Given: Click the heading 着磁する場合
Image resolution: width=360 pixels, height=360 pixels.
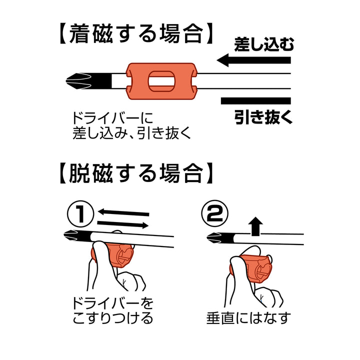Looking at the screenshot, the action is (x=136, y=34).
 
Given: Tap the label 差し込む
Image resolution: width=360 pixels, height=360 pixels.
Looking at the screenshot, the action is (x=264, y=44).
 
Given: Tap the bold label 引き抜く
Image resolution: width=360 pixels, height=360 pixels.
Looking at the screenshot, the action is (x=263, y=117).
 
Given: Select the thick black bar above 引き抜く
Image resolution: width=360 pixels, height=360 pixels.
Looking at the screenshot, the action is (x=256, y=101).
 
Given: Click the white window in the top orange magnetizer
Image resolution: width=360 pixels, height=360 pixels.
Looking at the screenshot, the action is (x=161, y=81).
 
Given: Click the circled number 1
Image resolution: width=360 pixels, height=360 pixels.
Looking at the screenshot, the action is (x=80, y=214).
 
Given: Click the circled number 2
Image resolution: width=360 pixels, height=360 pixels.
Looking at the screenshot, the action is (x=214, y=214).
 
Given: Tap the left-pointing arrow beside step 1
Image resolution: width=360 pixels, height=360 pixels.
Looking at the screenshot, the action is (x=123, y=212).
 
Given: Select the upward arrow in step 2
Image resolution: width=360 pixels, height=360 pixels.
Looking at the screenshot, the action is (x=256, y=226).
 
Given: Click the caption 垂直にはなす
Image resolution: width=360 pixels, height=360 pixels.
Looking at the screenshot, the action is (x=248, y=318).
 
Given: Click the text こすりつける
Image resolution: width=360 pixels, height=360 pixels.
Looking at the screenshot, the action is (x=113, y=318).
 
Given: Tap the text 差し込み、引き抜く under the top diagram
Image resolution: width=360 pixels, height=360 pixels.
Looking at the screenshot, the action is (x=131, y=133).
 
